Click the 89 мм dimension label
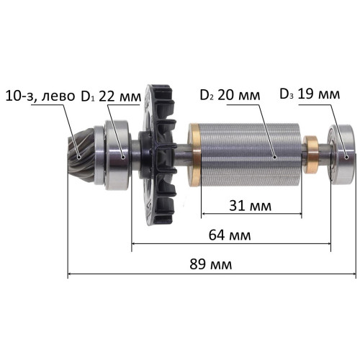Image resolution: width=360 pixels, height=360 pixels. click(211, 264)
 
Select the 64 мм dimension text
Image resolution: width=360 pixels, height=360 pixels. click(230, 235)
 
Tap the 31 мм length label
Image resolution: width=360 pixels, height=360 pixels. click(251, 206)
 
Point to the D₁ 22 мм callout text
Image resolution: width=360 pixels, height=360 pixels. click(111, 96)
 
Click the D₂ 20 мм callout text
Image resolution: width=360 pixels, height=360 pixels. click(230, 95)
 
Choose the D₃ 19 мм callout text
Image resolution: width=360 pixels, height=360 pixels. click(310, 94)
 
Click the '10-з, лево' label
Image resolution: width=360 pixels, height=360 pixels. click(40, 96)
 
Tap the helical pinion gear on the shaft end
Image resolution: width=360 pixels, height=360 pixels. click(81, 156)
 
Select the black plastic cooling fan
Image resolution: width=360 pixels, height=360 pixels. click(158, 155)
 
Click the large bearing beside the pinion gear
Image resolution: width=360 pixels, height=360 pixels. click(117, 156)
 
